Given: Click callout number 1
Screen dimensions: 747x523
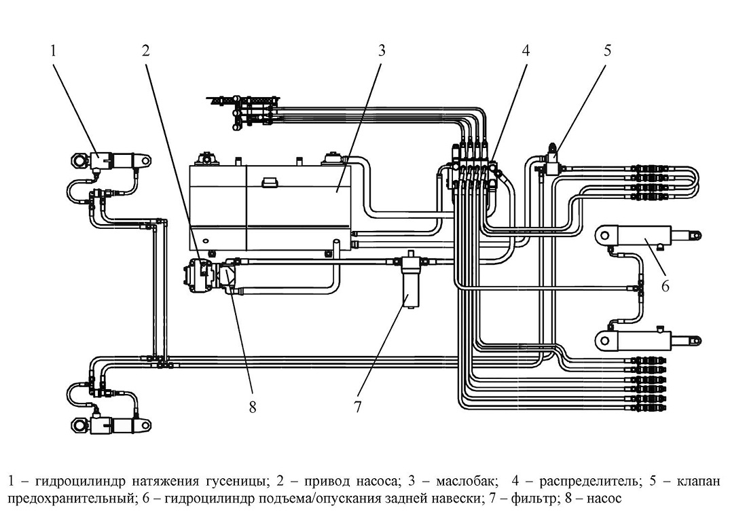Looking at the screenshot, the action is click(54, 50).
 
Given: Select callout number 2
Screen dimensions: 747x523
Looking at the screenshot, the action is click(146, 50).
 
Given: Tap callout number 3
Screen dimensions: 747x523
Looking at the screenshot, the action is click(381, 50).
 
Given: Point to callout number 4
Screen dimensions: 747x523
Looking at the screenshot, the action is click(526, 50).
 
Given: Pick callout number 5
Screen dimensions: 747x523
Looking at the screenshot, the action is click(607, 50).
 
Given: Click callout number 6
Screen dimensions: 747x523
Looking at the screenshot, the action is click(665, 286).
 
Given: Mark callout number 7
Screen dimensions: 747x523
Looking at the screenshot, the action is click(357, 406).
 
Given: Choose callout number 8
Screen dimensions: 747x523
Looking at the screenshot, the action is click(253, 406).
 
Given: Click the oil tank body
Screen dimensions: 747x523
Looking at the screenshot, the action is click(270, 207).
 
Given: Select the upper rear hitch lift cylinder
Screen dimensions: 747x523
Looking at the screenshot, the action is click(648, 236).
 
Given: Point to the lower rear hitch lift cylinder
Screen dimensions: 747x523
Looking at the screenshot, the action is click(648, 339).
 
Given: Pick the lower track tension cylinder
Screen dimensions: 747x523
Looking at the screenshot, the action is click(111, 423).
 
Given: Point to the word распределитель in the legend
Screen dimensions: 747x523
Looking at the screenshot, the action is click(589, 482).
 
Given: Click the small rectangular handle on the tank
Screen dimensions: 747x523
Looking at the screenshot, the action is click(270, 183).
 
